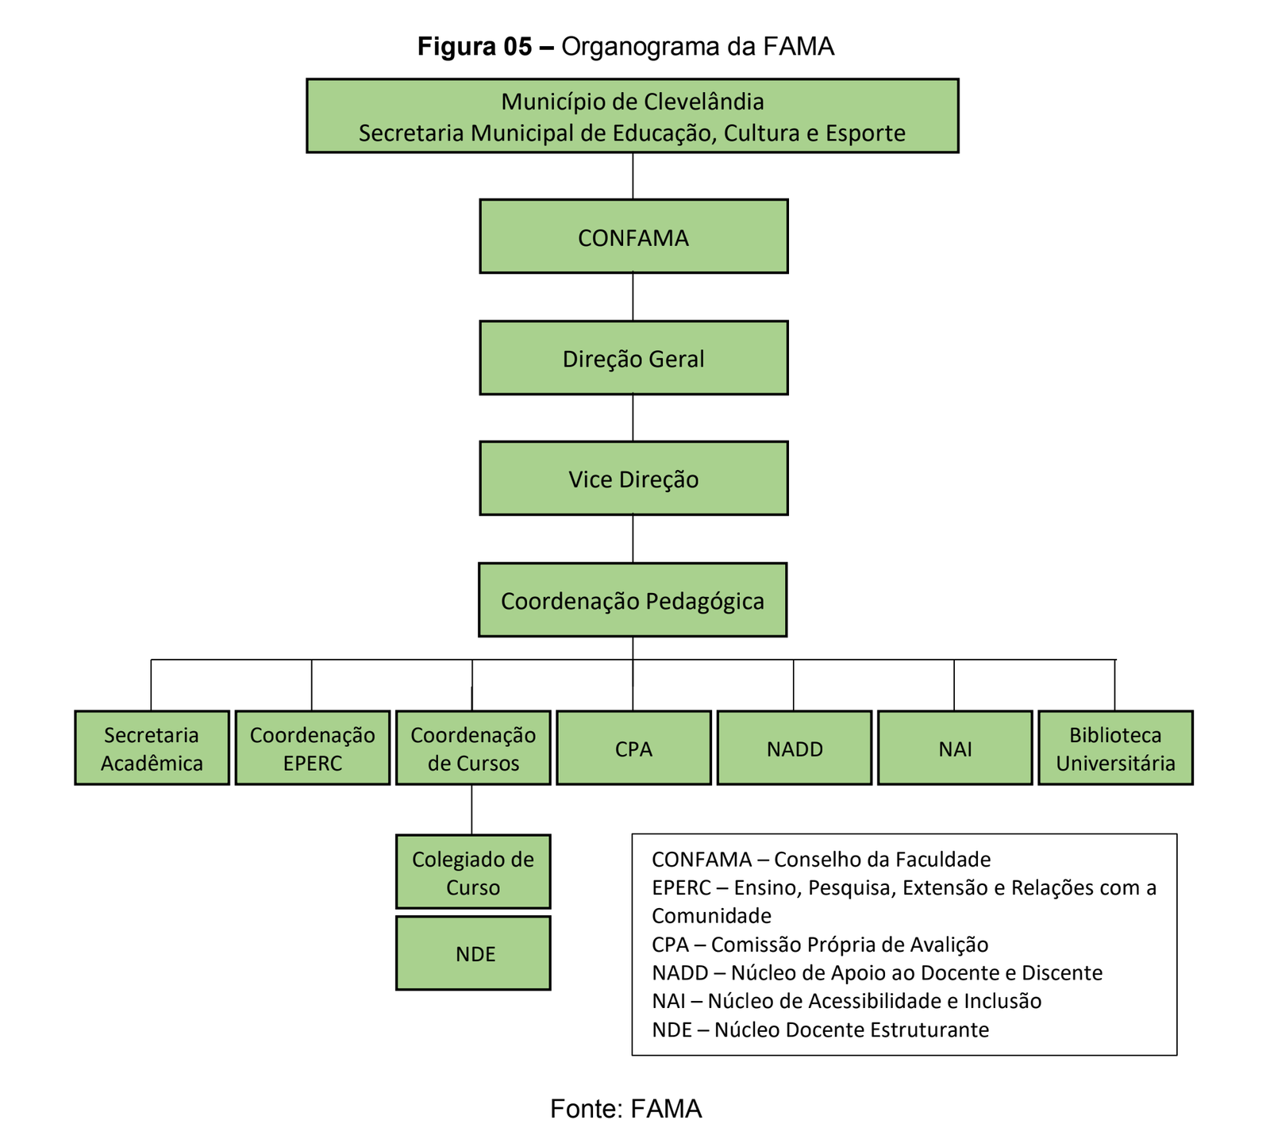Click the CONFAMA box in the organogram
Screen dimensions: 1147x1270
pos(633,237)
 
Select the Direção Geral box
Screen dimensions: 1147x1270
pos(633,358)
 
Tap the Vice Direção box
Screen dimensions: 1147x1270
pos(633,479)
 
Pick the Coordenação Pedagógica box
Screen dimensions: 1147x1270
pos(633,600)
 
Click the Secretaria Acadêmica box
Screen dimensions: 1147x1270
pos(152,748)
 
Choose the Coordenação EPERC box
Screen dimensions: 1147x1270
pos(313,748)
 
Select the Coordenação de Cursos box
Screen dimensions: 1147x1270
pos(473,748)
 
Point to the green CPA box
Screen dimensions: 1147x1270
pos(633,748)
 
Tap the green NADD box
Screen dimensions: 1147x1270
pos(795,748)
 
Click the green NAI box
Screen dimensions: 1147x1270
pos(955,748)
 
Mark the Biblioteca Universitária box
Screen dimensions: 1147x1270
pos(1115,748)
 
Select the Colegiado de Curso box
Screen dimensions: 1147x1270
pos(473,872)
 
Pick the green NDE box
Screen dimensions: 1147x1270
pos(473,953)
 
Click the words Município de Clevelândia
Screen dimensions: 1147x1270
pos(633,102)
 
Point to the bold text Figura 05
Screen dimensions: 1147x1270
pos(475,47)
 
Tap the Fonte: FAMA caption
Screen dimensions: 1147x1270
pos(625,1108)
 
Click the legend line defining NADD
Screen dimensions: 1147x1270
pos(876,972)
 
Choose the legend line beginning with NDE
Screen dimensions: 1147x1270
pos(820,1030)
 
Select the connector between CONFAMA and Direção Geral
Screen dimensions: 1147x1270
pos(633,297)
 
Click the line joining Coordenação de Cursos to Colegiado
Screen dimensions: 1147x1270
pos(472,810)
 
